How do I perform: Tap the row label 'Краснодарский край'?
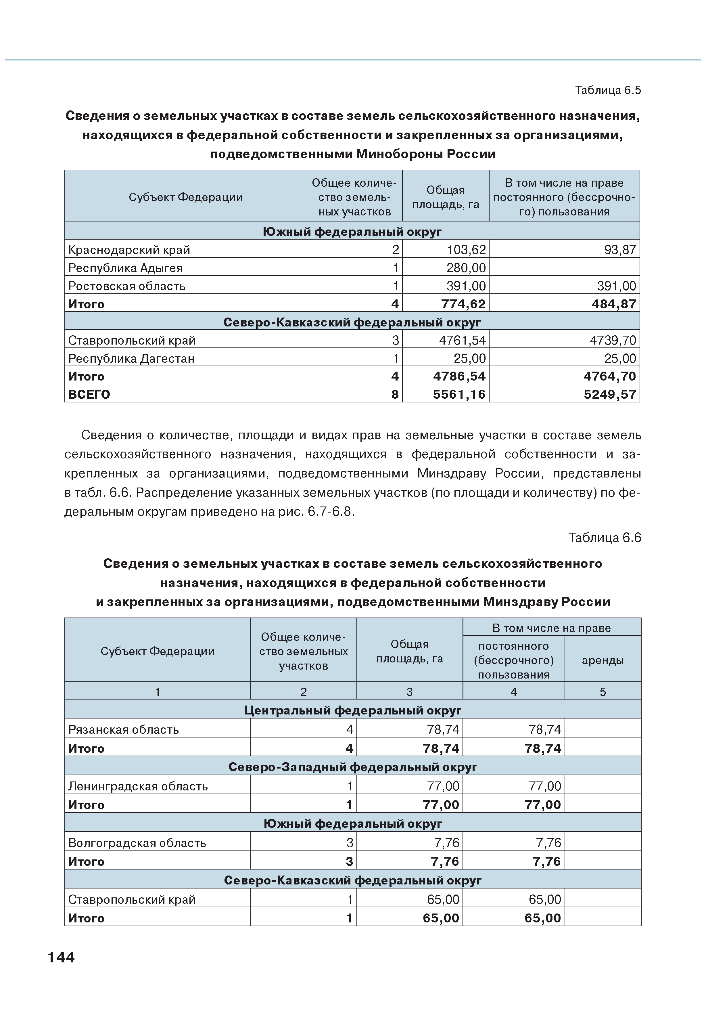(x=129, y=250)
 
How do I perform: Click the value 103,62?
(x=466, y=250)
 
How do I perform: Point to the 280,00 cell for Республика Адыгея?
(x=466, y=268)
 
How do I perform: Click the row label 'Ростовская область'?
(x=127, y=286)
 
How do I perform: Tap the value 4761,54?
(x=462, y=341)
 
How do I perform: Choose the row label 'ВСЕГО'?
(x=89, y=395)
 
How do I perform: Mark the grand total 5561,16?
(x=459, y=395)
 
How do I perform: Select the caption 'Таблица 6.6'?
(x=605, y=538)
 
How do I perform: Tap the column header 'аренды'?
(x=602, y=660)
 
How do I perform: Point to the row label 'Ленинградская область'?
(x=138, y=786)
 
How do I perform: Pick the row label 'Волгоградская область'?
(x=137, y=843)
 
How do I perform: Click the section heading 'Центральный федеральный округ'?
(x=352, y=711)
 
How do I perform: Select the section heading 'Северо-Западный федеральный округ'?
(x=352, y=767)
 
